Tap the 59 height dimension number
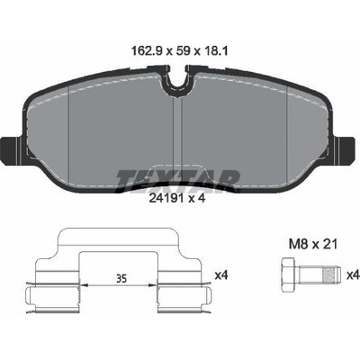(183, 51)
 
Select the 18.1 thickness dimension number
(215, 51)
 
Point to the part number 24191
(166, 198)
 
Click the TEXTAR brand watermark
(177, 181)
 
